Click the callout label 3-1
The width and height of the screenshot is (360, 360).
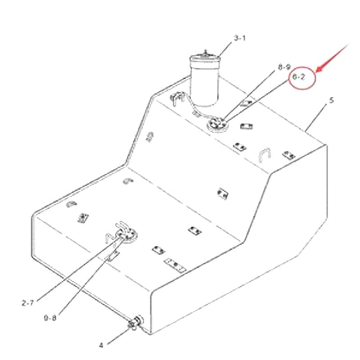(239, 38)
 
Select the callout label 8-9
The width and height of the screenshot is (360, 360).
(284, 67)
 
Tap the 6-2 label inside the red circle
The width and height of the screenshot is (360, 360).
(299, 77)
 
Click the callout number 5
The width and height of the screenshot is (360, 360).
(332, 100)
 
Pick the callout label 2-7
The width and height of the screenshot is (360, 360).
(27, 303)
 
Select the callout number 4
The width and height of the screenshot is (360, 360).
(101, 345)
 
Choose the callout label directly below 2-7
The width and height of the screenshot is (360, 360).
(50, 318)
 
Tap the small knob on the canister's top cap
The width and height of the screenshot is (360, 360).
(206, 53)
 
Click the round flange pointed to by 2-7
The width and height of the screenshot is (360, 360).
(124, 234)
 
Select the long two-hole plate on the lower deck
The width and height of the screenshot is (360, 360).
(175, 265)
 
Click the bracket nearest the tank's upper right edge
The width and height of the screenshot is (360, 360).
(288, 155)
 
